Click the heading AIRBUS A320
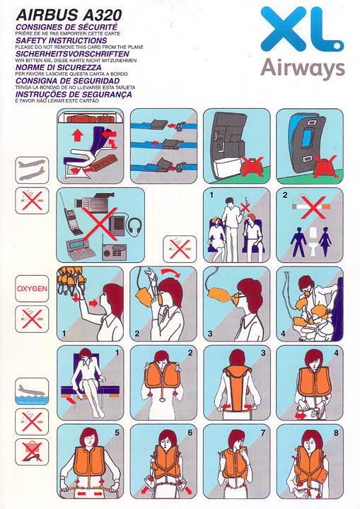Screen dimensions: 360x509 (x=69, y=15)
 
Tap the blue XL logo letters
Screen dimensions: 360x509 (x=302, y=29)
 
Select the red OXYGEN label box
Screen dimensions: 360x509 (x=32, y=288)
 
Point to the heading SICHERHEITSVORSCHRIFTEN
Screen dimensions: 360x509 (x=72, y=54)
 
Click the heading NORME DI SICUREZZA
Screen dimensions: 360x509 (x=59, y=68)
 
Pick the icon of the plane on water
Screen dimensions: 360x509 (x=32, y=391)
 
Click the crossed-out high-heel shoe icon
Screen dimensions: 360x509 (x=32, y=452)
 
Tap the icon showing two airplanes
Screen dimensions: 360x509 (x=32, y=170)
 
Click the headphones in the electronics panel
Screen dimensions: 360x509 (x=135, y=226)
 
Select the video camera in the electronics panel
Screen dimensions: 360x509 (x=93, y=203)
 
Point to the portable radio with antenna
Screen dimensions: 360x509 (x=113, y=250)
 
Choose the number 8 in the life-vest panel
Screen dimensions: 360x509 (x=336, y=433)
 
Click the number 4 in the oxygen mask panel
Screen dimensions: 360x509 (x=283, y=334)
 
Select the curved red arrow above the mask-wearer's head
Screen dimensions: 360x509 (x=172, y=272)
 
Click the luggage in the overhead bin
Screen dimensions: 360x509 (x=91, y=118)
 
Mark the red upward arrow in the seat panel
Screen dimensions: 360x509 (x=77, y=135)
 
